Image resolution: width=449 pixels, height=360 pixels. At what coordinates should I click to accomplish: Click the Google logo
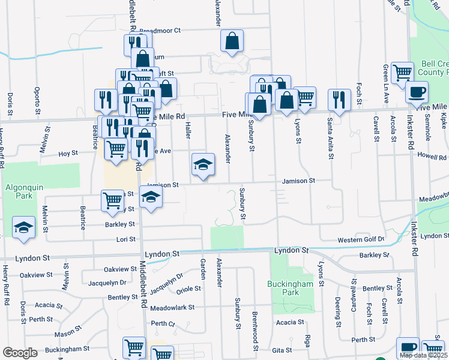click(20, 352)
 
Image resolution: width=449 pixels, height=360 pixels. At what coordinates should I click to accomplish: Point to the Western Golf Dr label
click(361, 240)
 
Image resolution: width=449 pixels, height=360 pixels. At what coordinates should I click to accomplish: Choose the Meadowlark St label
click(172, 307)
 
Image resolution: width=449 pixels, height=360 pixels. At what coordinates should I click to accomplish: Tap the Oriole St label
click(188, 290)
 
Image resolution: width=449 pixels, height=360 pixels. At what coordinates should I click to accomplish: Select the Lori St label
click(126, 239)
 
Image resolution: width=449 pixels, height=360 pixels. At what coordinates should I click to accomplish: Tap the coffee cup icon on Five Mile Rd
click(417, 92)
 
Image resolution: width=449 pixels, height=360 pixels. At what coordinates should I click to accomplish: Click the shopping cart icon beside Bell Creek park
click(402, 72)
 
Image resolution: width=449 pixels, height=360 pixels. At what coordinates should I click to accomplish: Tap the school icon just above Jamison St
click(203, 164)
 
